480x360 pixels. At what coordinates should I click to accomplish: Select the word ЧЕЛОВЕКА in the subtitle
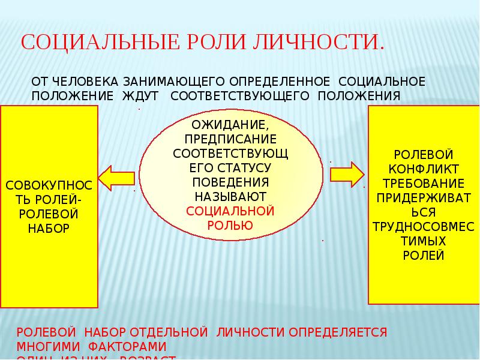tap(88, 81)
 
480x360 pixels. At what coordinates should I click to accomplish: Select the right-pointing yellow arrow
tap(347, 174)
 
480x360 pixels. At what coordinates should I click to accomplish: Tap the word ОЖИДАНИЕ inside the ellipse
tap(230, 126)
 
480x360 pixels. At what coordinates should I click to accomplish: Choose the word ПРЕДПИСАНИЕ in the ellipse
tap(230, 139)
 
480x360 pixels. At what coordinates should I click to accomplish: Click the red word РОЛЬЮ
tap(230, 225)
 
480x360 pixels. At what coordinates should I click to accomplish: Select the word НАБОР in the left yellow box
tap(49, 227)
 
